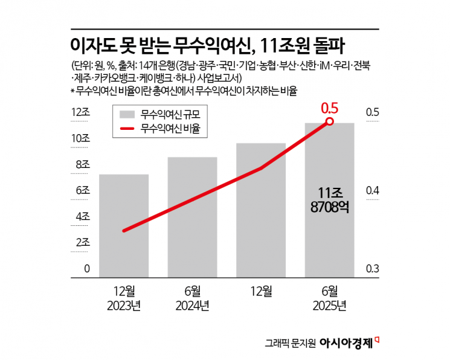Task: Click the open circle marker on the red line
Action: pos(330,121)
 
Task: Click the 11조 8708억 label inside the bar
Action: pos(329,200)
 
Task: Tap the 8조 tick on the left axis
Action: pos(81,165)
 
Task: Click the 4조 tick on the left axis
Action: pos(81,216)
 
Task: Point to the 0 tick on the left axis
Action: pos(86,269)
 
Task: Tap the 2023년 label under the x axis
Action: pos(123,306)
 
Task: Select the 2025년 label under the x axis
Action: pos(330,306)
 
